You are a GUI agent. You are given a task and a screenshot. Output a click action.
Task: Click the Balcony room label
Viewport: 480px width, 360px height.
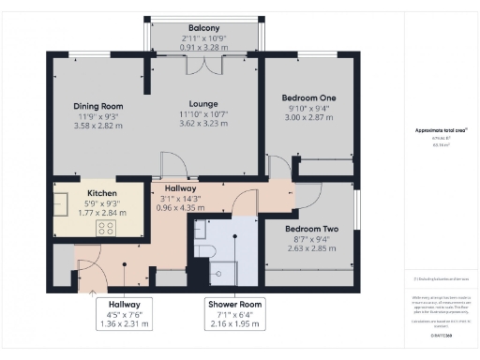pyautogui.click(x=203, y=28)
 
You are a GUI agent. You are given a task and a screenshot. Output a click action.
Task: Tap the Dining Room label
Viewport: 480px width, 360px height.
pyautogui.click(x=98, y=106)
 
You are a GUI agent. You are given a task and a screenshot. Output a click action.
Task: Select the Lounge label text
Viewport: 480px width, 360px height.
pyautogui.click(x=203, y=103)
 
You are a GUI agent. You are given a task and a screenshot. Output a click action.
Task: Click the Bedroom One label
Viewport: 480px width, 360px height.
pyautogui.click(x=308, y=97)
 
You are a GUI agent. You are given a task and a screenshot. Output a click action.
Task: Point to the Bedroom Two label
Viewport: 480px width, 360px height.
pyautogui.click(x=309, y=229)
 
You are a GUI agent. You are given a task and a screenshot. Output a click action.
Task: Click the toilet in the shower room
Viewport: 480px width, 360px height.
pyautogui.click(x=206, y=250)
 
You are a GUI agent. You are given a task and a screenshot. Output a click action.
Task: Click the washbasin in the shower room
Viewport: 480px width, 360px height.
pyautogui.click(x=200, y=229)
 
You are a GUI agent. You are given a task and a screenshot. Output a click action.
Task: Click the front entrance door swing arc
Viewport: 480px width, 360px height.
pyautogui.click(x=89, y=272)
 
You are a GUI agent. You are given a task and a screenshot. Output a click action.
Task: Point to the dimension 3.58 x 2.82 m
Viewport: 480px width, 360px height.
pyautogui.click(x=98, y=126)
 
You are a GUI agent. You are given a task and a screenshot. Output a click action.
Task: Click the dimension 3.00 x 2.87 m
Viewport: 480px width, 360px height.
pyautogui.click(x=308, y=118)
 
